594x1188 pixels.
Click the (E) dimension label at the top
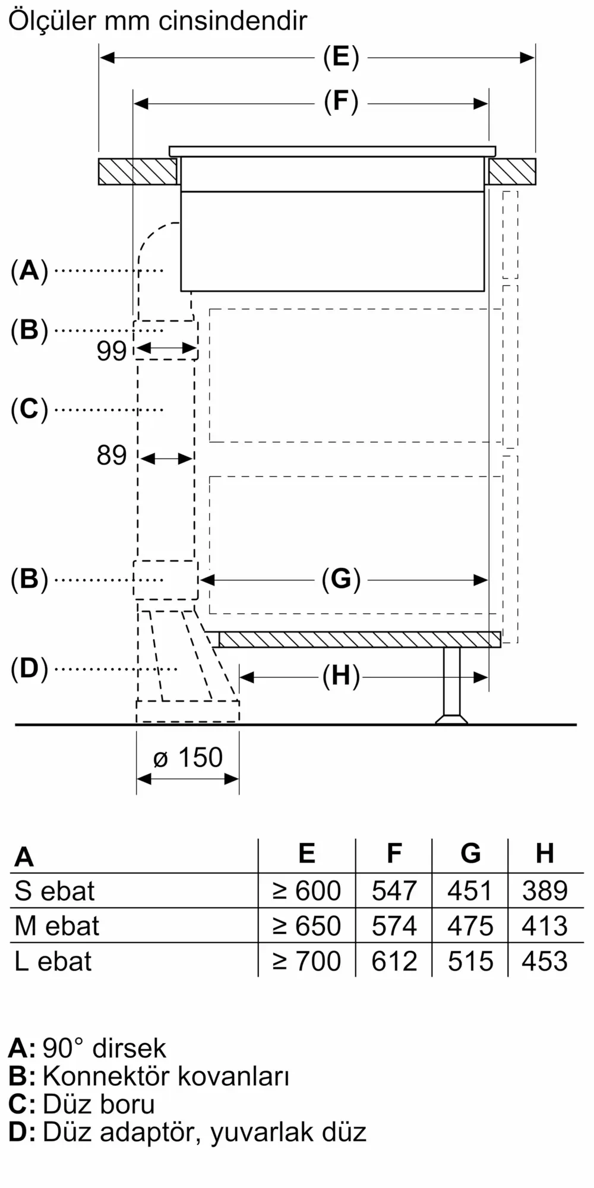tap(341, 58)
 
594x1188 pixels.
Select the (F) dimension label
tap(341, 102)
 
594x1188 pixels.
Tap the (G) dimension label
tap(341, 579)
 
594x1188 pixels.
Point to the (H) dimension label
tap(341, 676)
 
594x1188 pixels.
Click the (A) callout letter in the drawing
tap(29, 271)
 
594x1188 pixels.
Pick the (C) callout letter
tap(29, 410)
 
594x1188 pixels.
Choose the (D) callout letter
tap(29, 669)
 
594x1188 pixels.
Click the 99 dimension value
tap(112, 351)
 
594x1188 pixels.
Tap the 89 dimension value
tap(112, 456)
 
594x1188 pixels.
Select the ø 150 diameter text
tap(188, 757)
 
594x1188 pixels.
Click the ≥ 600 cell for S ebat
tap(307, 891)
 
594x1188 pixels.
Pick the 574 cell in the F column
tap(394, 926)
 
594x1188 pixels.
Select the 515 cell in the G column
tap(470, 961)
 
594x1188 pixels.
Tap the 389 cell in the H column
tap(545, 891)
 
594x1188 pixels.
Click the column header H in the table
tap(545, 854)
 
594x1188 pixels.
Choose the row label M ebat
tap(57, 926)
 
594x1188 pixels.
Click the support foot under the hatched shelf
tap(451, 685)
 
